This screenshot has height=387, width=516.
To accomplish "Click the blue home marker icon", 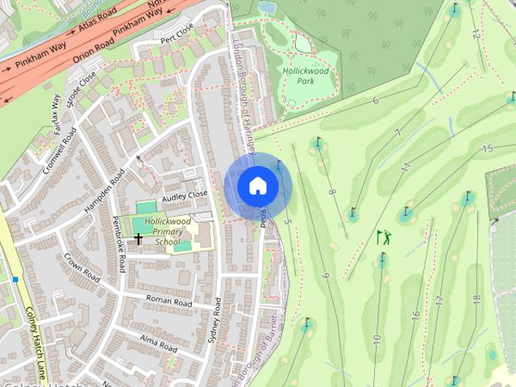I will coord(257,186).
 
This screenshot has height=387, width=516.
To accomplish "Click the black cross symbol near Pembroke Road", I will coord(139,239).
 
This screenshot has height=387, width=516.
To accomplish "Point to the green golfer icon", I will coord(384,237).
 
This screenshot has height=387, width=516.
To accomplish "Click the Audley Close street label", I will coord(185,195).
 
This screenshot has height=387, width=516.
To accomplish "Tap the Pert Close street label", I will coord(177,33).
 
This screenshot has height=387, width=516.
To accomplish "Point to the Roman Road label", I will coord(169,302).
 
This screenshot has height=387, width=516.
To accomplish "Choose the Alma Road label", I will coord(158,343).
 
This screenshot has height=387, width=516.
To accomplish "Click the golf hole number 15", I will coord(487,148).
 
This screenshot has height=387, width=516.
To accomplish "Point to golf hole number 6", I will coord(376,100).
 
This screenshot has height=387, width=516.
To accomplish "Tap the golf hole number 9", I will coord(326,276).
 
